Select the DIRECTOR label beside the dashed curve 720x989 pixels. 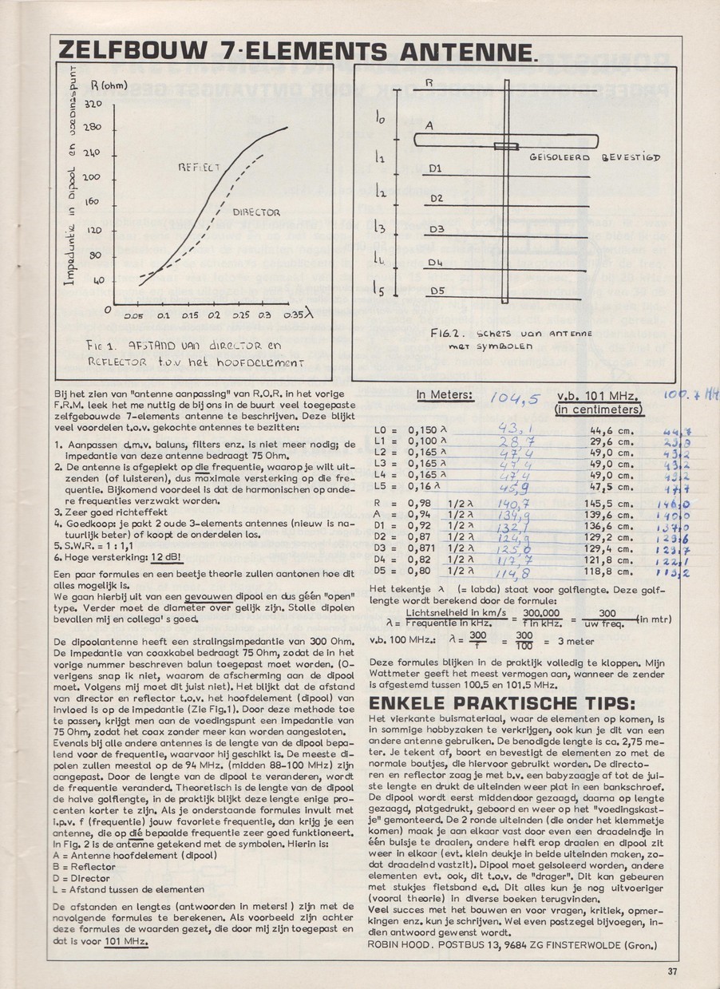tap(256, 213)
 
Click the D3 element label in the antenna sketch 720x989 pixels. tap(436, 230)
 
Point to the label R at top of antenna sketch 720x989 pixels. tap(429, 82)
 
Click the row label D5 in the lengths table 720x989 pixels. tap(381, 571)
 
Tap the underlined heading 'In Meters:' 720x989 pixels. tap(445, 394)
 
